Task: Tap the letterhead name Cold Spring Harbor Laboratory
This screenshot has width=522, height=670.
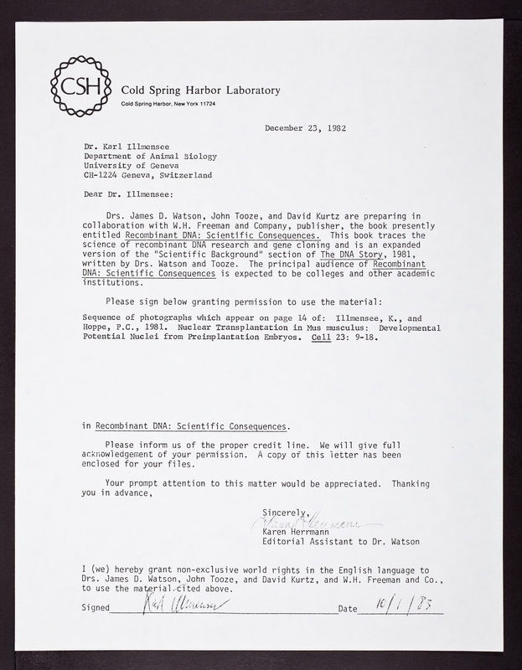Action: pyautogui.click(x=201, y=90)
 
